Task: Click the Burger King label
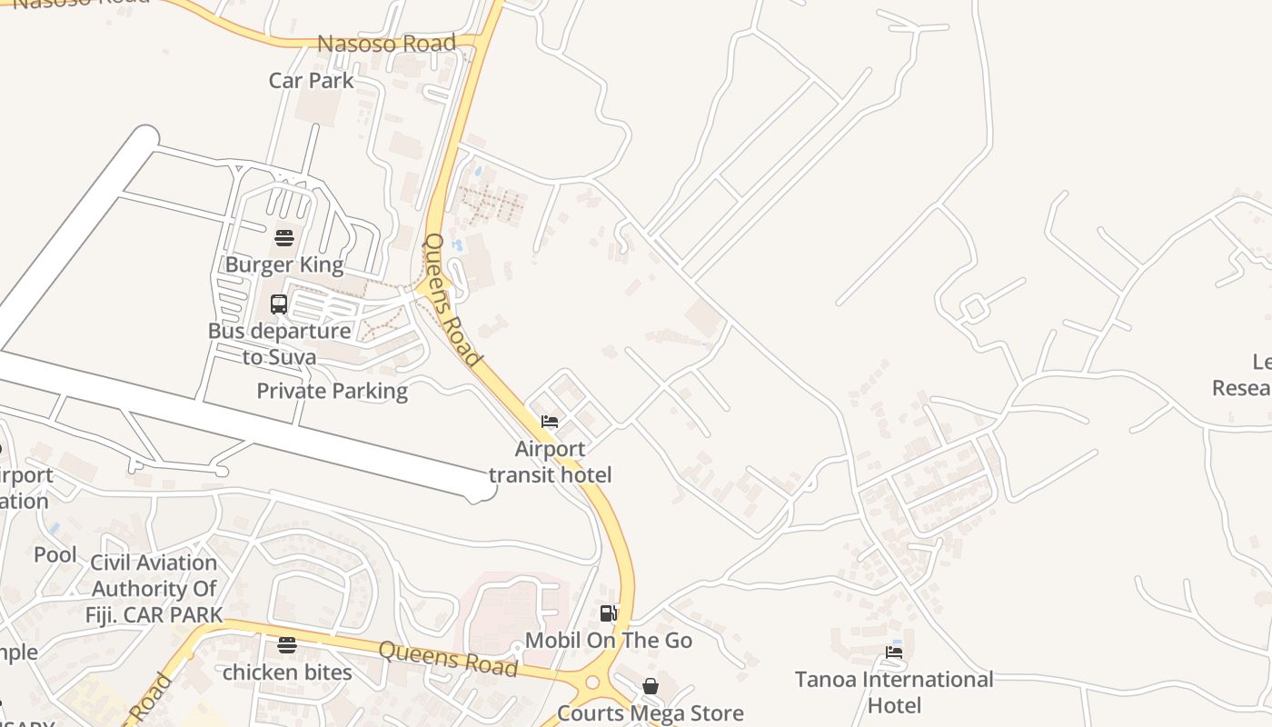point(284,265)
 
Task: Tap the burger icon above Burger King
point(284,239)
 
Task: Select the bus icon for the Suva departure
point(279,304)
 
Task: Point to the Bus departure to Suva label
point(279,344)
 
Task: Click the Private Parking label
point(332,392)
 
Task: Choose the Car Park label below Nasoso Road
point(311,80)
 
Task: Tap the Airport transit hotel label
point(551,462)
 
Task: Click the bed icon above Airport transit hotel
point(550,422)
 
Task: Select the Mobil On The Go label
point(609,641)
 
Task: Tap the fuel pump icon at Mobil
point(609,614)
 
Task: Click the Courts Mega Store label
point(651,713)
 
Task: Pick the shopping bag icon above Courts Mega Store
point(651,686)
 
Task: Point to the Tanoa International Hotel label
point(894,692)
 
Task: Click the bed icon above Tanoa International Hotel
point(894,652)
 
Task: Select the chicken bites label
point(287,672)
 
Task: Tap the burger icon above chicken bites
point(287,645)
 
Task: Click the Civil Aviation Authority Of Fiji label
point(154,588)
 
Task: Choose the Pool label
point(55,554)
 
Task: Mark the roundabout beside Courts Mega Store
point(593,682)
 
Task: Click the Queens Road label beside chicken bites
point(448,660)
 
